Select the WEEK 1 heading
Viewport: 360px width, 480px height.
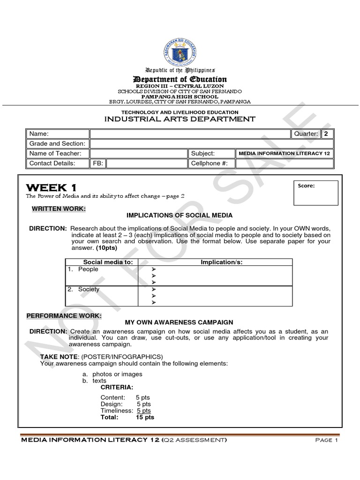51,188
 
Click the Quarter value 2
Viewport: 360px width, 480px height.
326,134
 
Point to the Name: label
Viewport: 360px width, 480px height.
39,134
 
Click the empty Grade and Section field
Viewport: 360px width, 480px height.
211,144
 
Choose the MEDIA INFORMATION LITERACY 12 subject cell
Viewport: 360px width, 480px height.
285,153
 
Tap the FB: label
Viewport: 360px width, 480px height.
98,163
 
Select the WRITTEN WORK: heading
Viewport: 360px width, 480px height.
59,208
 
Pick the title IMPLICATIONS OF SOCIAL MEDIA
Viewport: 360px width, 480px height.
180,215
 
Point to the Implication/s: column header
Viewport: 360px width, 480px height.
222,262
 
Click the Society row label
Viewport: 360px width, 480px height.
89,290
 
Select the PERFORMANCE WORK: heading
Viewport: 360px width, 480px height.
64,316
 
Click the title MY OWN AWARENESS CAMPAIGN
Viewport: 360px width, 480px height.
179,322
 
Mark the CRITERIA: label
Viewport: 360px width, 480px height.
117,388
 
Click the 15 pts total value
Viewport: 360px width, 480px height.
145,417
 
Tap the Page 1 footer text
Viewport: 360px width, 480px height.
323,441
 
